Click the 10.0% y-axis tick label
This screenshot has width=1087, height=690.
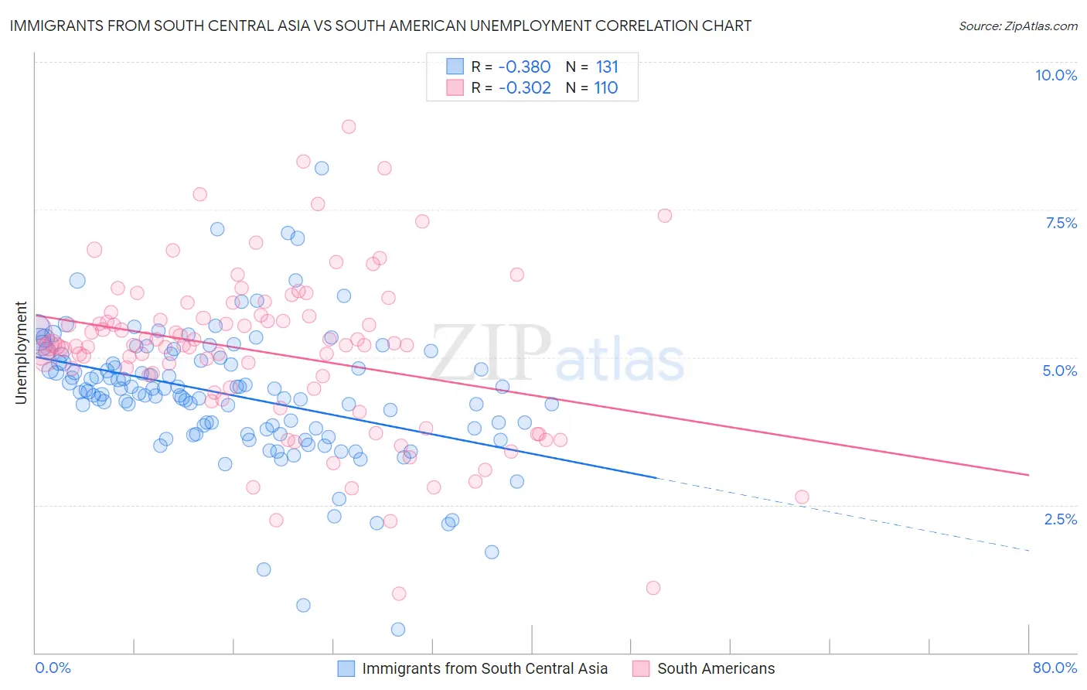point(1055,75)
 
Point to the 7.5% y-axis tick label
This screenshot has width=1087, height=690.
point(1061,223)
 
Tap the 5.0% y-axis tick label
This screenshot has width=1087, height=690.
point(1059,371)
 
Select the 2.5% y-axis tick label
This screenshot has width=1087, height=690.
point(1060,519)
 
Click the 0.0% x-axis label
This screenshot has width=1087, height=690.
point(53,668)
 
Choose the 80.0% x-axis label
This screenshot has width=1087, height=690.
point(1055,668)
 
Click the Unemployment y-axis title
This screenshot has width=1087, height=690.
point(21,353)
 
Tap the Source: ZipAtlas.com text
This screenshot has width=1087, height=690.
point(1017,26)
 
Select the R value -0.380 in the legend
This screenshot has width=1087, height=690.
point(524,67)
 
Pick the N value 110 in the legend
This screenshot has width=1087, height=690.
point(605,87)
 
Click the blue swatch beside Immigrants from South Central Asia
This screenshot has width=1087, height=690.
point(346,668)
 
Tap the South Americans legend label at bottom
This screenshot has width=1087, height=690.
point(715,668)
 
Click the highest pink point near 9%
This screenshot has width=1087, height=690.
point(349,127)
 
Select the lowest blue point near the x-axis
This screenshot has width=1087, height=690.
point(398,630)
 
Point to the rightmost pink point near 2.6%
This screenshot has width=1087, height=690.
point(802,497)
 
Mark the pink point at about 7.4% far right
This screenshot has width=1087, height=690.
point(665,216)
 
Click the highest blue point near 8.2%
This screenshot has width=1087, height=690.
point(322,168)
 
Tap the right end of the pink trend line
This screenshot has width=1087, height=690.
point(1028,474)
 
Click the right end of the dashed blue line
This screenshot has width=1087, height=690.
point(1028,550)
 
